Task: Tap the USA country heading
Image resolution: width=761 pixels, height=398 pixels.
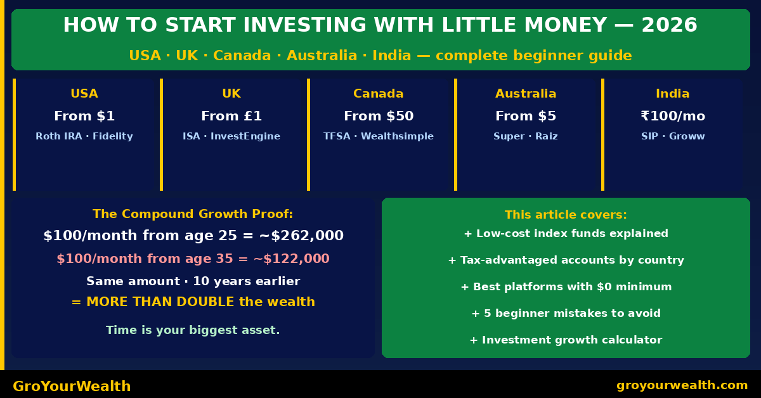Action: (x=84, y=94)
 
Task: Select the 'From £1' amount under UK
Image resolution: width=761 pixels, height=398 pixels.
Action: (x=231, y=116)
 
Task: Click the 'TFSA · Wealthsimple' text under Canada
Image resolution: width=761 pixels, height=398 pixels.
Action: (x=379, y=136)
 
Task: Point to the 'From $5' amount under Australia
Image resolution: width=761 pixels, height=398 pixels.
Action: (x=526, y=116)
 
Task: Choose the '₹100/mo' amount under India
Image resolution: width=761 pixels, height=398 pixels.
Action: (x=673, y=116)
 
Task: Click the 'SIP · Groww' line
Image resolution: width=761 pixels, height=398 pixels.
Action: (x=673, y=136)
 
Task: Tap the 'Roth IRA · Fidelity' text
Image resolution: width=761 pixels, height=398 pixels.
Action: (x=84, y=136)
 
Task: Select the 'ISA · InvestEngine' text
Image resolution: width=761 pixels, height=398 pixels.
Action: (x=231, y=136)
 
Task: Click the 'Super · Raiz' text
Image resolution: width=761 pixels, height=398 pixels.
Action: (x=526, y=136)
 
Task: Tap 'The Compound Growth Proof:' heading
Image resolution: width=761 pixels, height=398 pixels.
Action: (x=193, y=214)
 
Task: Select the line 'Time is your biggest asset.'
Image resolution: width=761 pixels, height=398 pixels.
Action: (x=193, y=330)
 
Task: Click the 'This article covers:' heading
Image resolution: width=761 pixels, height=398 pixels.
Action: (x=566, y=215)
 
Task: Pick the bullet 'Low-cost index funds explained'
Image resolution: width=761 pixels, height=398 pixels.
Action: (x=566, y=234)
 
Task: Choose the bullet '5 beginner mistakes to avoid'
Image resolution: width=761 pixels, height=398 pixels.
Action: (x=566, y=314)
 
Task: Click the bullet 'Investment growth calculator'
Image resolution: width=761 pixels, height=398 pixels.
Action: (x=566, y=340)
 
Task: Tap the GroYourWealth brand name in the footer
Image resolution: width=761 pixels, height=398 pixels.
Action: (x=72, y=386)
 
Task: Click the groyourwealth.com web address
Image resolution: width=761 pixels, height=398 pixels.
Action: (x=682, y=385)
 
